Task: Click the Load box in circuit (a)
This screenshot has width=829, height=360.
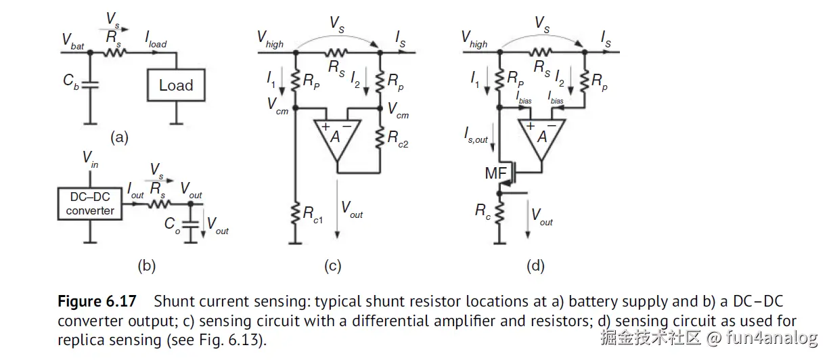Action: pos(176,85)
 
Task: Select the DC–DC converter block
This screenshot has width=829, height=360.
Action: pos(90,203)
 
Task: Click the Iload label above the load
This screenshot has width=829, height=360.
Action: pos(155,43)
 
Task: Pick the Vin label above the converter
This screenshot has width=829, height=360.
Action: pos(90,160)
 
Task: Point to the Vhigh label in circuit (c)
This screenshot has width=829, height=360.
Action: pos(270,41)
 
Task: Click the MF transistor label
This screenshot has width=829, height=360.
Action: pos(495,175)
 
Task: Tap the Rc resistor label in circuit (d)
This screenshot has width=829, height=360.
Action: pos(482,211)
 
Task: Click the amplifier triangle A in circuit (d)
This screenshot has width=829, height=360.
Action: pos(541,136)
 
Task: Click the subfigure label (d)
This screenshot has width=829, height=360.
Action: pos(535,266)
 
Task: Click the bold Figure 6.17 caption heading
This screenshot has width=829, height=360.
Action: pos(97,301)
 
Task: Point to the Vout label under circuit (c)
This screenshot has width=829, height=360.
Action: pos(352,210)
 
